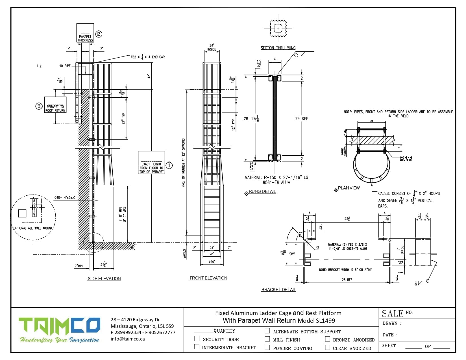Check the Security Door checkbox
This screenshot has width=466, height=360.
point(197,339)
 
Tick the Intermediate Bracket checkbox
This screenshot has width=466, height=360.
point(197,346)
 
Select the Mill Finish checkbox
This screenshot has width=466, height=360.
point(267,339)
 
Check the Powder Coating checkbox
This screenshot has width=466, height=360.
point(267,347)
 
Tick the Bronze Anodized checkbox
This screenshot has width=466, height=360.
point(328,339)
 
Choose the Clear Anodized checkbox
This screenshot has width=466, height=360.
point(328,347)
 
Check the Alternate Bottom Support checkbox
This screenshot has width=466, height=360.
point(267,331)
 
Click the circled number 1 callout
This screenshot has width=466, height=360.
point(169,165)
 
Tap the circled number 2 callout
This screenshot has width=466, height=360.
point(99,34)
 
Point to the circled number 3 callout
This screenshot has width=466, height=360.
point(39,106)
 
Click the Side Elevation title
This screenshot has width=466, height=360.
point(104,279)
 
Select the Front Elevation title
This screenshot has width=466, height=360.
point(208,278)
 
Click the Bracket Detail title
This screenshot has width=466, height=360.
point(278,290)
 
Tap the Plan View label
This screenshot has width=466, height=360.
point(349,188)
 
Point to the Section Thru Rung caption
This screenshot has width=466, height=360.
point(278,48)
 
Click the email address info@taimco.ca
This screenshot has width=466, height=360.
point(128,339)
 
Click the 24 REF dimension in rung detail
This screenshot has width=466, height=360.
point(302,119)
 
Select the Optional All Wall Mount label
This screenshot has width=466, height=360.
point(33,228)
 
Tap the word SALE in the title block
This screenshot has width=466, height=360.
point(393,313)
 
